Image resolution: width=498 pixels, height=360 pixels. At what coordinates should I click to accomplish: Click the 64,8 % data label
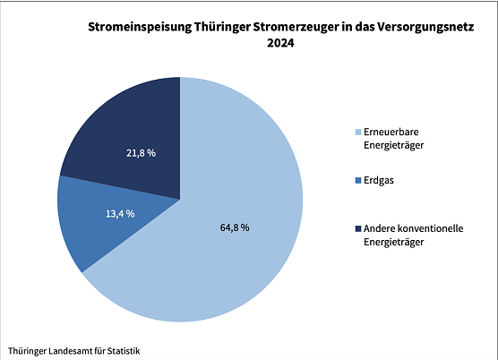pyautogui.click(x=235, y=227)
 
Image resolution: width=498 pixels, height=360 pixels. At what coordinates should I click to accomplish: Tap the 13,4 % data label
pyautogui.click(x=119, y=213)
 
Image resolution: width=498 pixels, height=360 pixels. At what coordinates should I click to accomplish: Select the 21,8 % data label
pyautogui.click(x=141, y=153)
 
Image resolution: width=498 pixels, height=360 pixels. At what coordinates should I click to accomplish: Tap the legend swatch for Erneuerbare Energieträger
pyautogui.click(x=356, y=132)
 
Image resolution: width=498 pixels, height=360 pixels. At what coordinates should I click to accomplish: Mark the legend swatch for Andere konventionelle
pyautogui.click(x=356, y=229)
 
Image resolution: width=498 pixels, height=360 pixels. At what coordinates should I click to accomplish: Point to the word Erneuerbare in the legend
pyautogui.click(x=391, y=132)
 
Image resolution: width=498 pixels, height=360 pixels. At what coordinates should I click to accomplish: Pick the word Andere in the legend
pyautogui.click(x=380, y=229)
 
